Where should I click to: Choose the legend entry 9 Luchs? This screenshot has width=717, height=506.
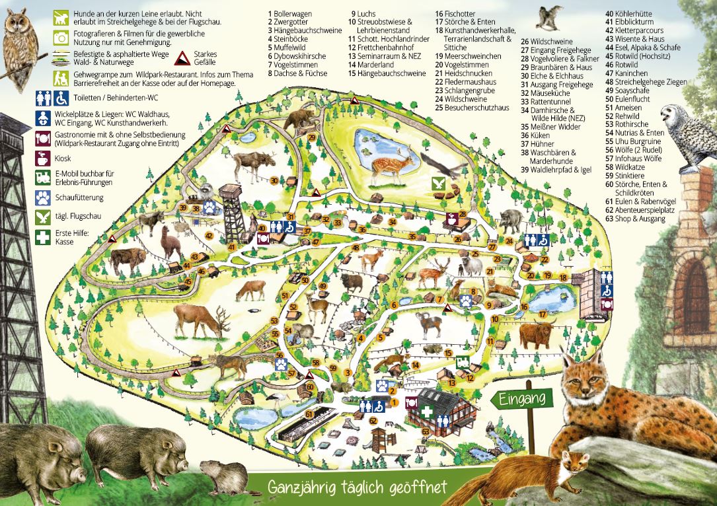point(363,13)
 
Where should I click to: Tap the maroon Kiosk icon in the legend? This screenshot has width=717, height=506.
point(44,159)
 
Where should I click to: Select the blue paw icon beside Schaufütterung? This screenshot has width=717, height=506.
point(44,197)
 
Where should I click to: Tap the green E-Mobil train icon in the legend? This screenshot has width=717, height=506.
point(44,178)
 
